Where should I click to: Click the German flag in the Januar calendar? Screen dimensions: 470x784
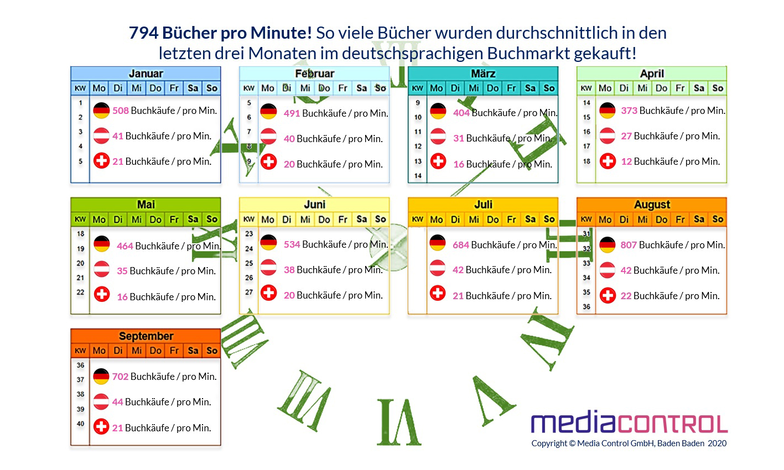click(x=101, y=111)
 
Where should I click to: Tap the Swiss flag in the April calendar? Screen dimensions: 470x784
click(x=608, y=161)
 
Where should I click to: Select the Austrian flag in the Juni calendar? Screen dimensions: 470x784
click(x=269, y=270)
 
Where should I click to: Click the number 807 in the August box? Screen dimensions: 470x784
click(x=629, y=245)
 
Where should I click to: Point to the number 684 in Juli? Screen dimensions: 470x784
click(x=461, y=245)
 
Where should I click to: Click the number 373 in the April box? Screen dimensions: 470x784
click(x=629, y=111)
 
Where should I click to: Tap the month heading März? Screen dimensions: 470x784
click(x=483, y=74)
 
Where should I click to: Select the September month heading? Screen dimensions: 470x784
click(x=146, y=336)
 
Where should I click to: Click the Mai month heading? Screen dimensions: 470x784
click(x=146, y=205)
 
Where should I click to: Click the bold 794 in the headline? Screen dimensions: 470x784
click(x=143, y=33)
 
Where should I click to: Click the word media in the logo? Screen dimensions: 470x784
click(x=573, y=424)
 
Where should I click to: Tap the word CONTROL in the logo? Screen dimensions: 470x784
click(x=673, y=424)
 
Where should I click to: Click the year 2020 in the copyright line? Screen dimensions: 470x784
click(x=717, y=443)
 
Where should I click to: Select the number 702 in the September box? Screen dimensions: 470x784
click(x=120, y=377)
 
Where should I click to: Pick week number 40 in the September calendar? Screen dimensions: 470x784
click(x=81, y=424)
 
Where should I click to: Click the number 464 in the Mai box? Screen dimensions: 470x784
click(x=125, y=246)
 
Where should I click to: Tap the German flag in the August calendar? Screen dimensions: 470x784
click(x=608, y=245)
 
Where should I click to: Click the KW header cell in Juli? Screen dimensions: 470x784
click(x=418, y=220)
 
